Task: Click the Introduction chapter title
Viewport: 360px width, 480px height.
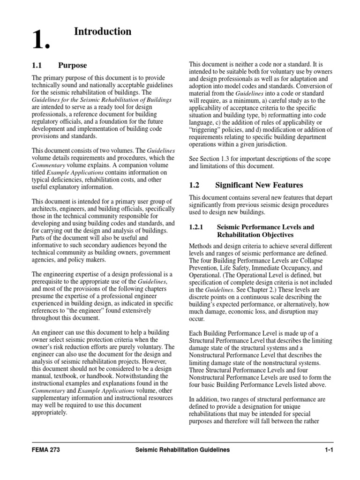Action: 103,31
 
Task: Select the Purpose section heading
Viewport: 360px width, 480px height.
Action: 72,65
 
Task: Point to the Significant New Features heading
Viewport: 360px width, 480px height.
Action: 259,185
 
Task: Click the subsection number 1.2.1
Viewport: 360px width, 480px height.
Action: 198,227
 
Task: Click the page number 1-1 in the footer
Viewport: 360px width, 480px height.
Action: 328,450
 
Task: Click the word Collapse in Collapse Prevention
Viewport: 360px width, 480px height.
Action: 321,261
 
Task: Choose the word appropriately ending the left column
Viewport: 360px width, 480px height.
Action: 49,413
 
